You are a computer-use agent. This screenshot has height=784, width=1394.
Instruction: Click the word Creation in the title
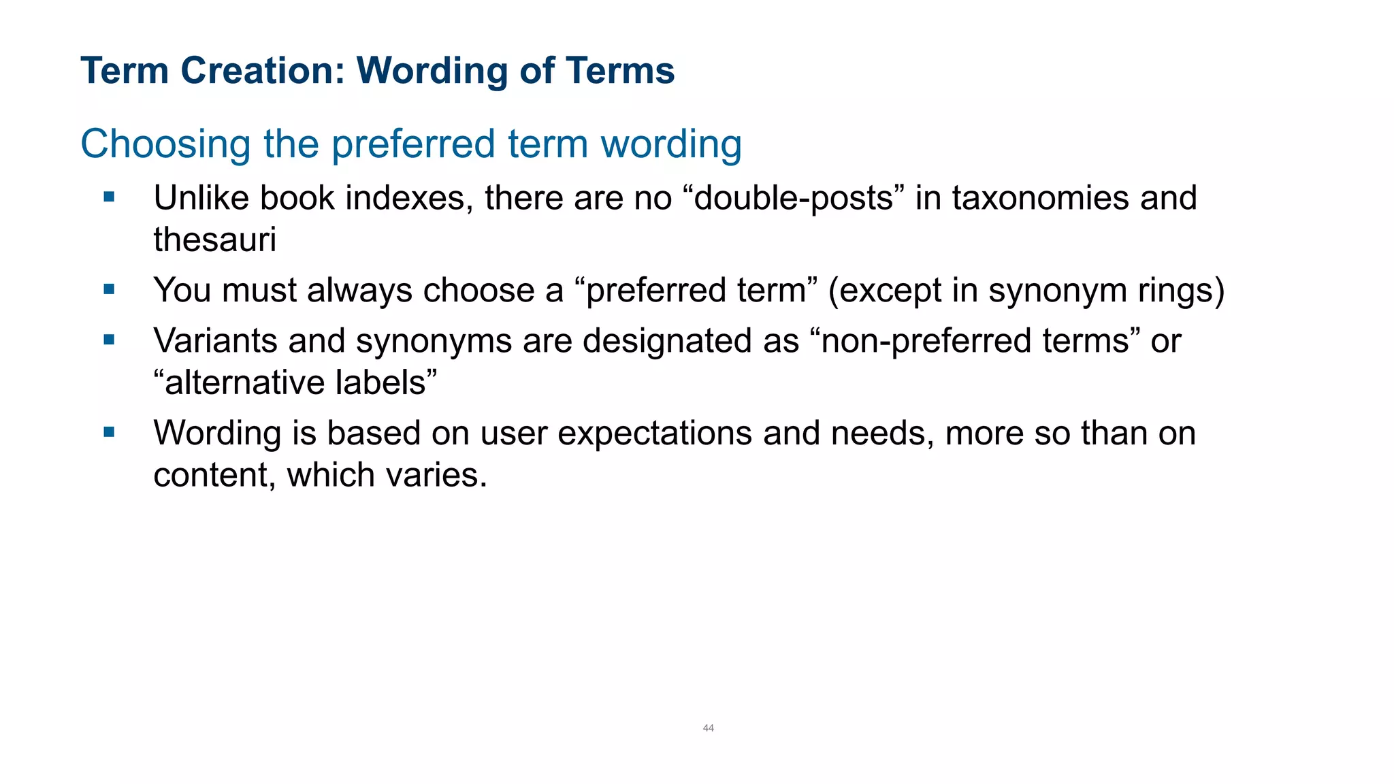(263, 71)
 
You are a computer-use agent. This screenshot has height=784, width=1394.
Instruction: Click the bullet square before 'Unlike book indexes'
(109, 197)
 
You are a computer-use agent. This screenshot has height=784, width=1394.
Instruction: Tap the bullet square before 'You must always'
(109, 289)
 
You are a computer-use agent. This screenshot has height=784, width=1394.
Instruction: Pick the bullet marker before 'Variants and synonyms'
(109, 340)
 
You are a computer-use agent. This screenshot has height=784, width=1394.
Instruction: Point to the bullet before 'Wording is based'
(109, 432)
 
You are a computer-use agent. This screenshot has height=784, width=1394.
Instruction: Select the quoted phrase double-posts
(794, 198)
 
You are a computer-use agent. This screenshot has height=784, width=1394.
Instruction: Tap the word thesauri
(214, 240)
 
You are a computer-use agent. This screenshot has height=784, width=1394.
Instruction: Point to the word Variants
(215, 340)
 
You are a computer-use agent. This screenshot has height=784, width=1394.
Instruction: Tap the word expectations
(655, 434)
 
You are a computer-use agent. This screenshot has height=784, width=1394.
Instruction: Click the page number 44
(708, 728)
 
